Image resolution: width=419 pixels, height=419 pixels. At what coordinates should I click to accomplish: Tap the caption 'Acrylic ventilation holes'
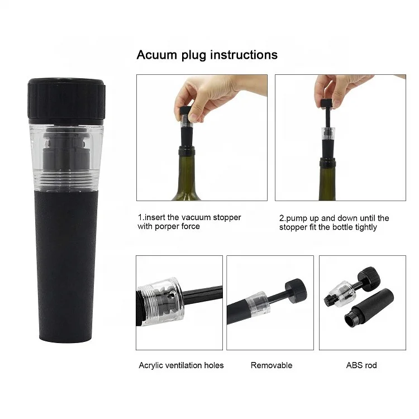(x=181, y=365)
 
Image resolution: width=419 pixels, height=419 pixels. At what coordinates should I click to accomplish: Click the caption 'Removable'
(x=272, y=365)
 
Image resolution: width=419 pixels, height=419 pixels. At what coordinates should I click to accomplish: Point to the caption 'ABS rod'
(x=361, y=365)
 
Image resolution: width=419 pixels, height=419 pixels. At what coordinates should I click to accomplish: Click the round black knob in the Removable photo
(x=296, y=289)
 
